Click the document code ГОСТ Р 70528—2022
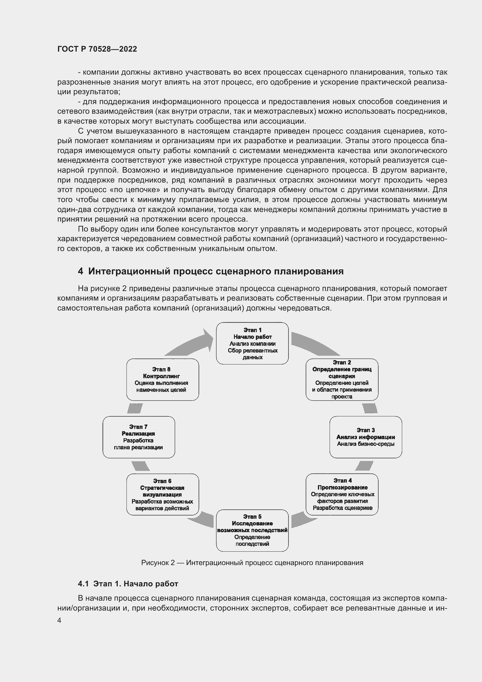click(97, 49)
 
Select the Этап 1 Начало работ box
click(252, 343)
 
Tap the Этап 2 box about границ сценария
click(342, 379)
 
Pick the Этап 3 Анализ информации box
click(366, 437)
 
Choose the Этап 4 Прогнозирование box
click(342, 494)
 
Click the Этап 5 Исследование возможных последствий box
click(252, 530)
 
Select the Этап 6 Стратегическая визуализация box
click(163, 494)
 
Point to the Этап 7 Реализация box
click(139, 437)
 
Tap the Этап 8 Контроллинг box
click(163, 379)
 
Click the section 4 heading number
click(80, 271)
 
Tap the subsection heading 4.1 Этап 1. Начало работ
click(128, 584)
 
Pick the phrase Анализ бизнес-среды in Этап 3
click(366, 444)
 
